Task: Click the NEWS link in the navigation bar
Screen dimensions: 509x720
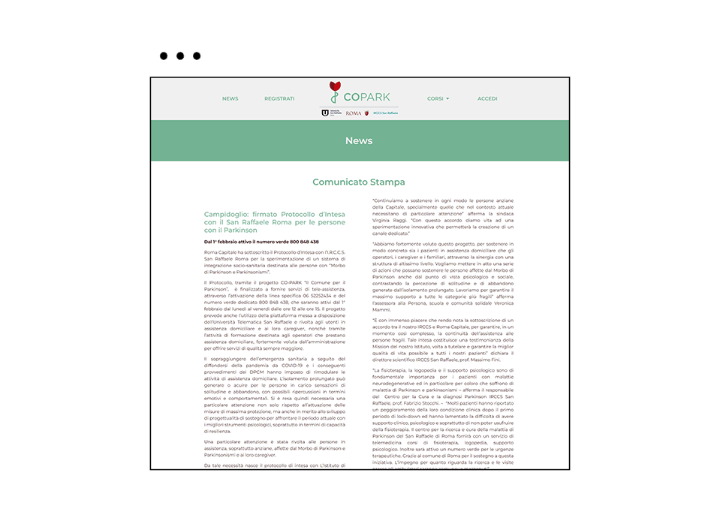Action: [x=230, y=98]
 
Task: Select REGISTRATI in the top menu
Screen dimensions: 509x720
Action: [x=279, y=98]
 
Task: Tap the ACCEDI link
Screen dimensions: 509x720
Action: [x=487, y=98]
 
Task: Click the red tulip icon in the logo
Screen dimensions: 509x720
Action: [x=335, y=86]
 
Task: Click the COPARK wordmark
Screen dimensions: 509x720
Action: [x=367, y=98]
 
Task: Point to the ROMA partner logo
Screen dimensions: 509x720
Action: [x=354, y=113]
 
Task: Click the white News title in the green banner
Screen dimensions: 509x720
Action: [x=359, y=140]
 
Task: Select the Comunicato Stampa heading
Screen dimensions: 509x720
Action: [x=359, y=182]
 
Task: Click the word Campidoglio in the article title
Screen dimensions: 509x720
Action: [x=227, y=214]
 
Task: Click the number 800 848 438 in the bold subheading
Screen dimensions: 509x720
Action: [x=304, y=242]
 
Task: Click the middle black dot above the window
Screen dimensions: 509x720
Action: [x=180, y=56]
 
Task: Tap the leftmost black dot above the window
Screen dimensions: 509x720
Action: [x=164, y=56]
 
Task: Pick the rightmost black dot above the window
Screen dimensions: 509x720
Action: [x=197, y=56]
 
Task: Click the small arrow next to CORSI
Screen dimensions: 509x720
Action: [x=447, y=98]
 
